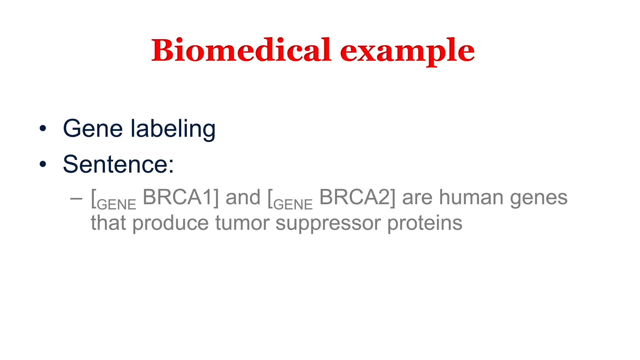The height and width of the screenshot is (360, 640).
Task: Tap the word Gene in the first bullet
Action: click(x=93, y=128)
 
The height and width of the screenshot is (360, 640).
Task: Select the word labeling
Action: click(x=173, y=129)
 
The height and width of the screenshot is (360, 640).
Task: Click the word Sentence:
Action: click(x=118, y=164)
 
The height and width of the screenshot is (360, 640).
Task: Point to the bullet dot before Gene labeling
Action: click(x=43, y=128)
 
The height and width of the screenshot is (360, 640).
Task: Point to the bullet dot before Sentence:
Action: click(x=43, y=164)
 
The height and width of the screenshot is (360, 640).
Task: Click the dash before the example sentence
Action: click(x=76, y=198)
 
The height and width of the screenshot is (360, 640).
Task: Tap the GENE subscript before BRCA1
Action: click(x=117, y=205)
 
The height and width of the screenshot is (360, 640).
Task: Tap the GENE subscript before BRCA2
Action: click(x=293, y=205)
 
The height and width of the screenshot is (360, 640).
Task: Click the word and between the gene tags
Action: click(x=243, y=197)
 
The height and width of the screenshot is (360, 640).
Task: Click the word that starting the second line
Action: click(x=108, y=223)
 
